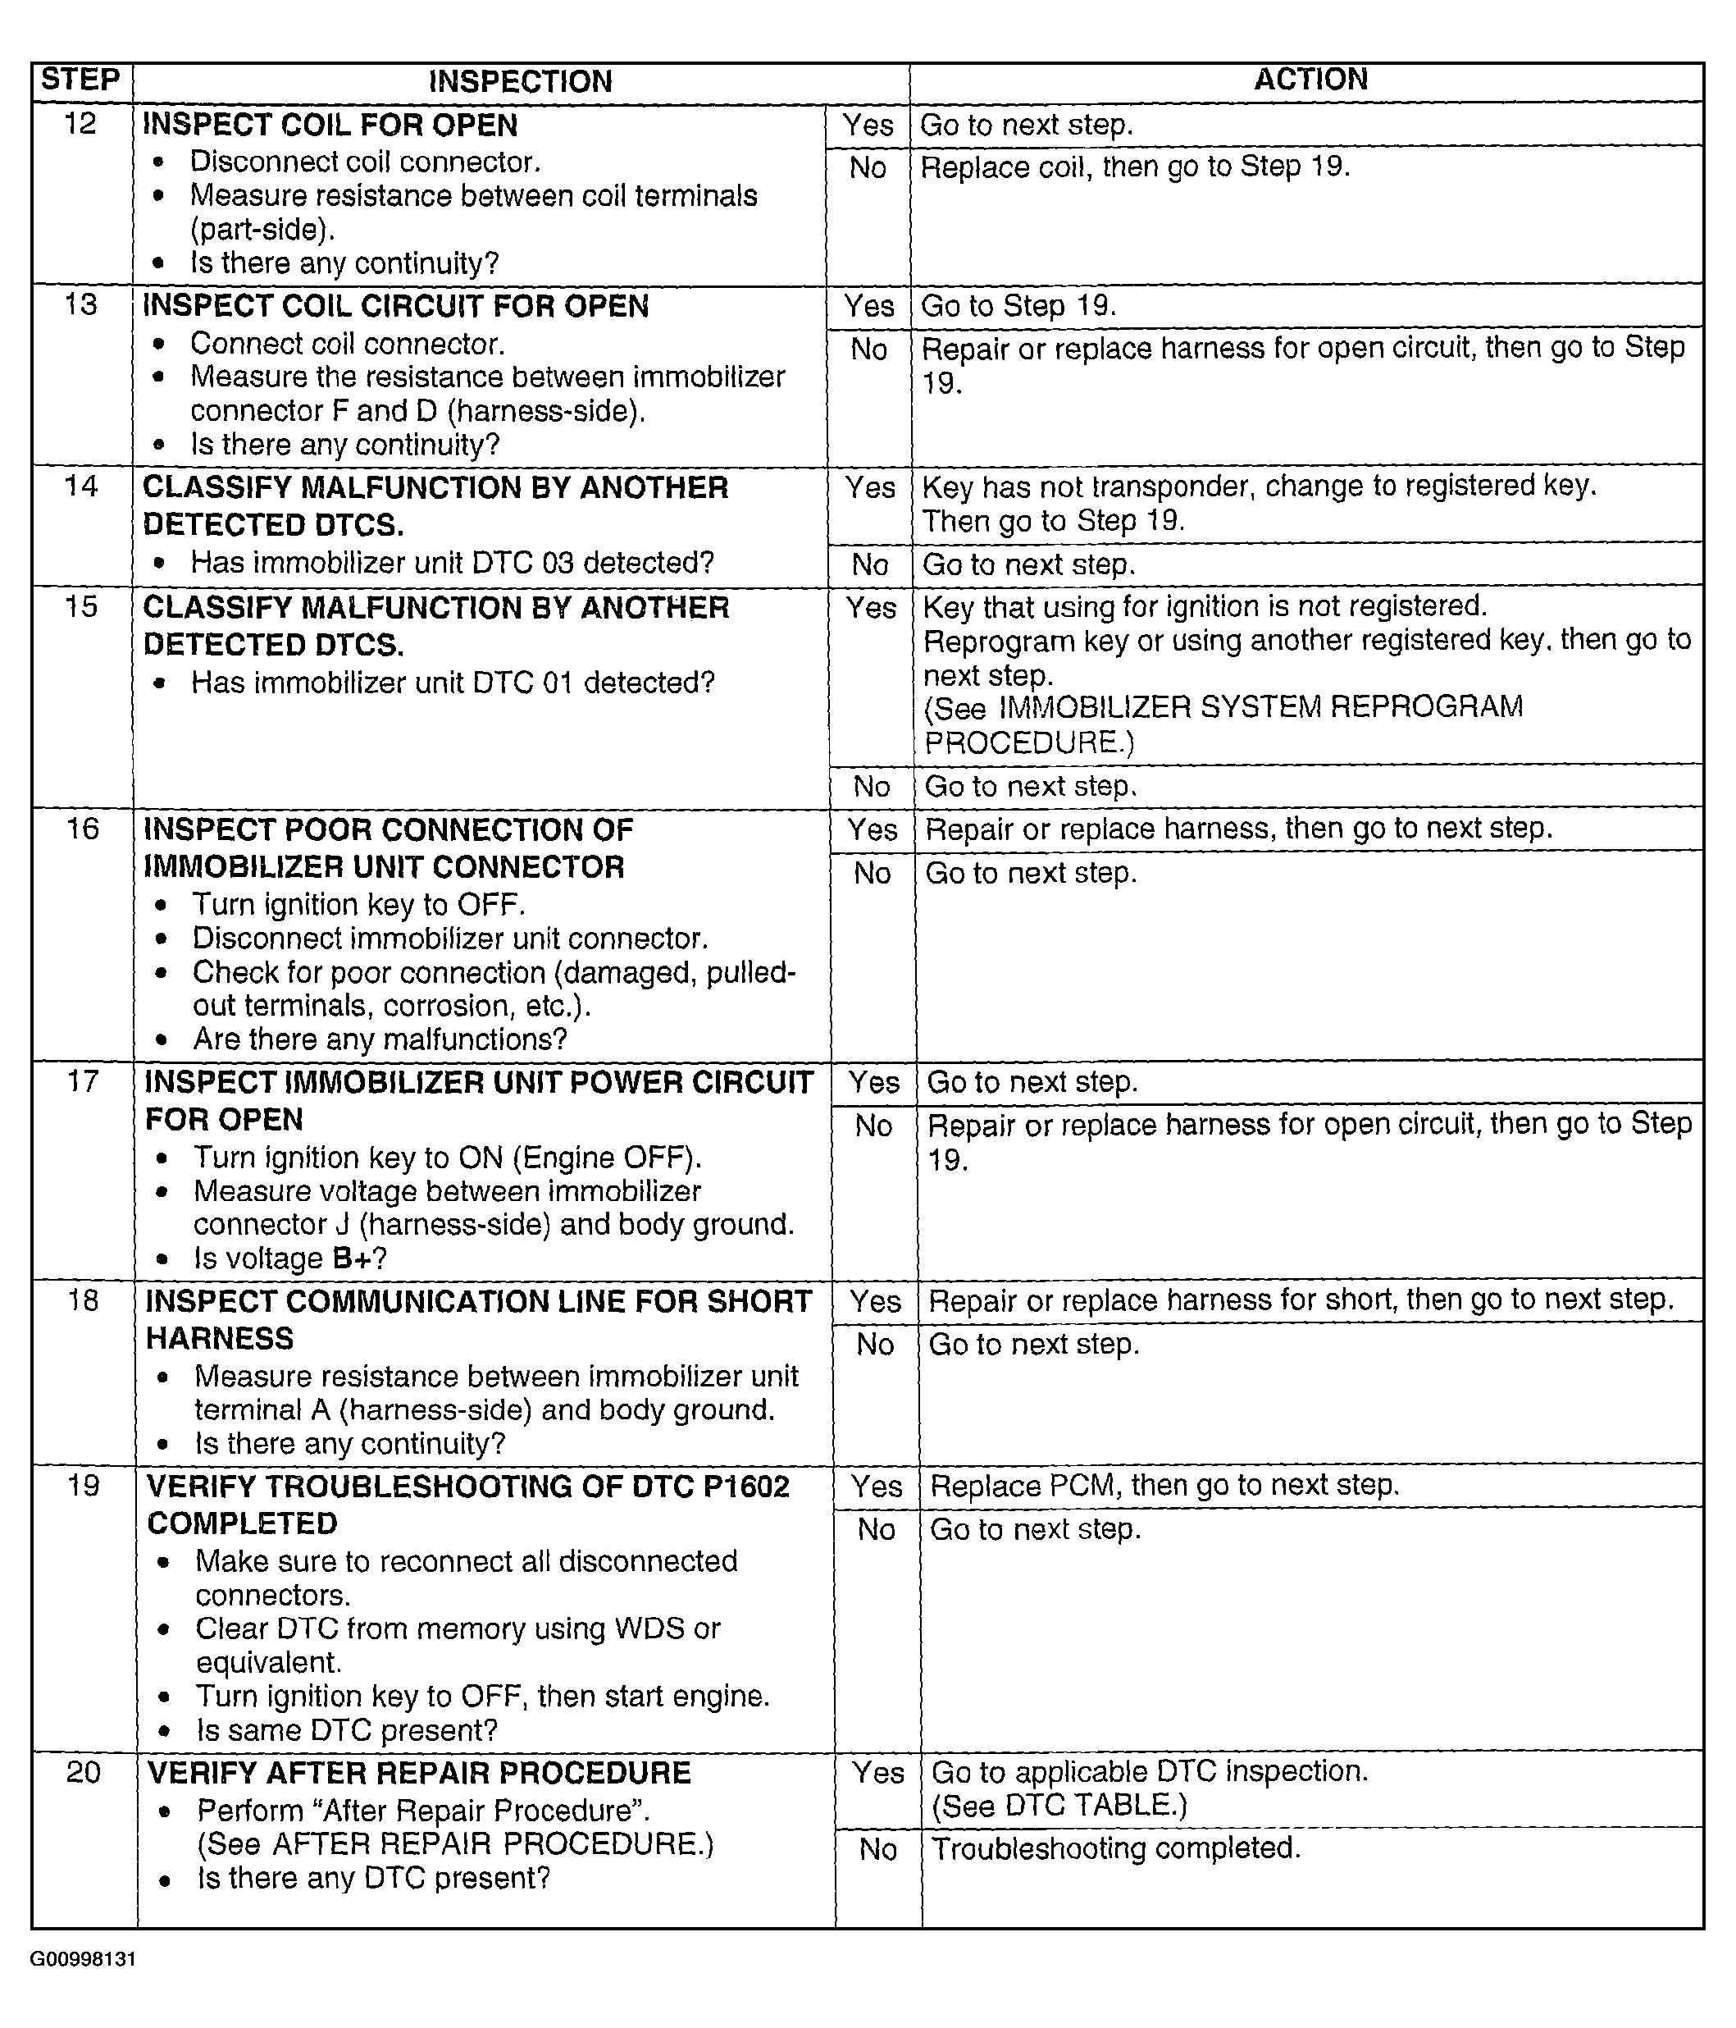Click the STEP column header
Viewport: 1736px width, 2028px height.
[80, 80]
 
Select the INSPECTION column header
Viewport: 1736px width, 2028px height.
[520, 81]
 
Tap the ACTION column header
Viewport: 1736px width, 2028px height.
[1310, 80]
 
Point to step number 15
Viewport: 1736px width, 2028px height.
[81, 607]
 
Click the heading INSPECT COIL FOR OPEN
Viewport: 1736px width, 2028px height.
[330, 126]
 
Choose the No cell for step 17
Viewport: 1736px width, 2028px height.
[873, 1126]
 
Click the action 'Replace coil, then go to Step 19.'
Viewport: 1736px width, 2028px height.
[1135, 167]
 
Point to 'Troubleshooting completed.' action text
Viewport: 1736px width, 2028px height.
[1115, 1848]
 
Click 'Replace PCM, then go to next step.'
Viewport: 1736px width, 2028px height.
[1164, 1485]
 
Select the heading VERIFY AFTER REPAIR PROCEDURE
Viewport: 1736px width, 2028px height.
[419, 1773]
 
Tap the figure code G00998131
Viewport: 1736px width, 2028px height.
[82, 1958]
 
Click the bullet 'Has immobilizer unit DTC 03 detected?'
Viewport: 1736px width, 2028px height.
[452, 563]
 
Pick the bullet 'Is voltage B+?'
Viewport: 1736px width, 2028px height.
[289, 1258]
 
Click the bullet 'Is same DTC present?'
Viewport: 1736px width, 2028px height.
[346, 1729]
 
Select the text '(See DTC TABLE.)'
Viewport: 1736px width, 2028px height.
[1059, 1804]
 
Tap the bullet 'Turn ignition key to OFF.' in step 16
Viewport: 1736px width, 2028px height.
[358, 904]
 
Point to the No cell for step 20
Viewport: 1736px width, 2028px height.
[877, 1849]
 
